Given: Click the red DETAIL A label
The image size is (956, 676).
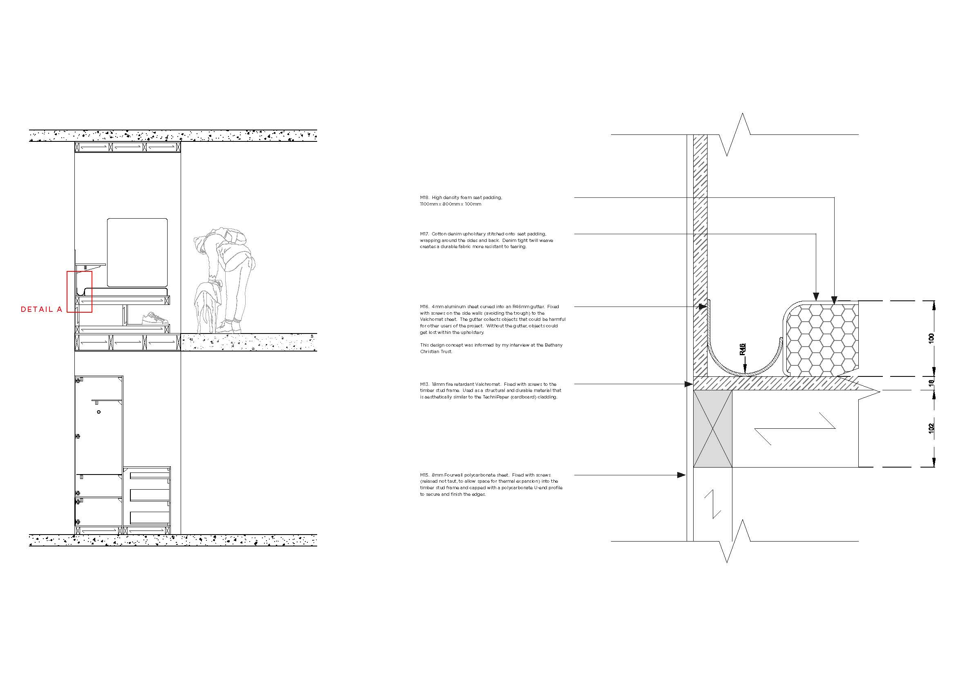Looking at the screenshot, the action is click(41, 309).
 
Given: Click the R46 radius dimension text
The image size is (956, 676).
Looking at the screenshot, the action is click(742, 349).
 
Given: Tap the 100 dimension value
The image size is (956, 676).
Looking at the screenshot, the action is click(931, 338).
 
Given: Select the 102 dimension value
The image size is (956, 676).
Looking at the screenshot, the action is click(931, 428).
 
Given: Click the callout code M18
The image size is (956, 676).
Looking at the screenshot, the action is click(424, 198).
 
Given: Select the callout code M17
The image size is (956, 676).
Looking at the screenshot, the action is click(424, 234).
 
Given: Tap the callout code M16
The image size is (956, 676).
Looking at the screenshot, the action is click(424, 307).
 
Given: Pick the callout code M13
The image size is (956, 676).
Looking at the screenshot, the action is click(424, 384).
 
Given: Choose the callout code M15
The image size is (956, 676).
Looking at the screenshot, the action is click(424, 475).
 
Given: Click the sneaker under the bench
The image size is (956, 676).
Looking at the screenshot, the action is click(155, 318).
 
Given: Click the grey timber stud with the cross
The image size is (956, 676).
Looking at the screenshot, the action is click(712, 429).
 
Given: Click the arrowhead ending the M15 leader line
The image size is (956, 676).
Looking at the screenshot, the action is click(681, 475).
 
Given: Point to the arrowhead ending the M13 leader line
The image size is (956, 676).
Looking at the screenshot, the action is click(689, 384).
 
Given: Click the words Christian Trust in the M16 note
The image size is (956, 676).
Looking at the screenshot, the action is click(436, 352).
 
